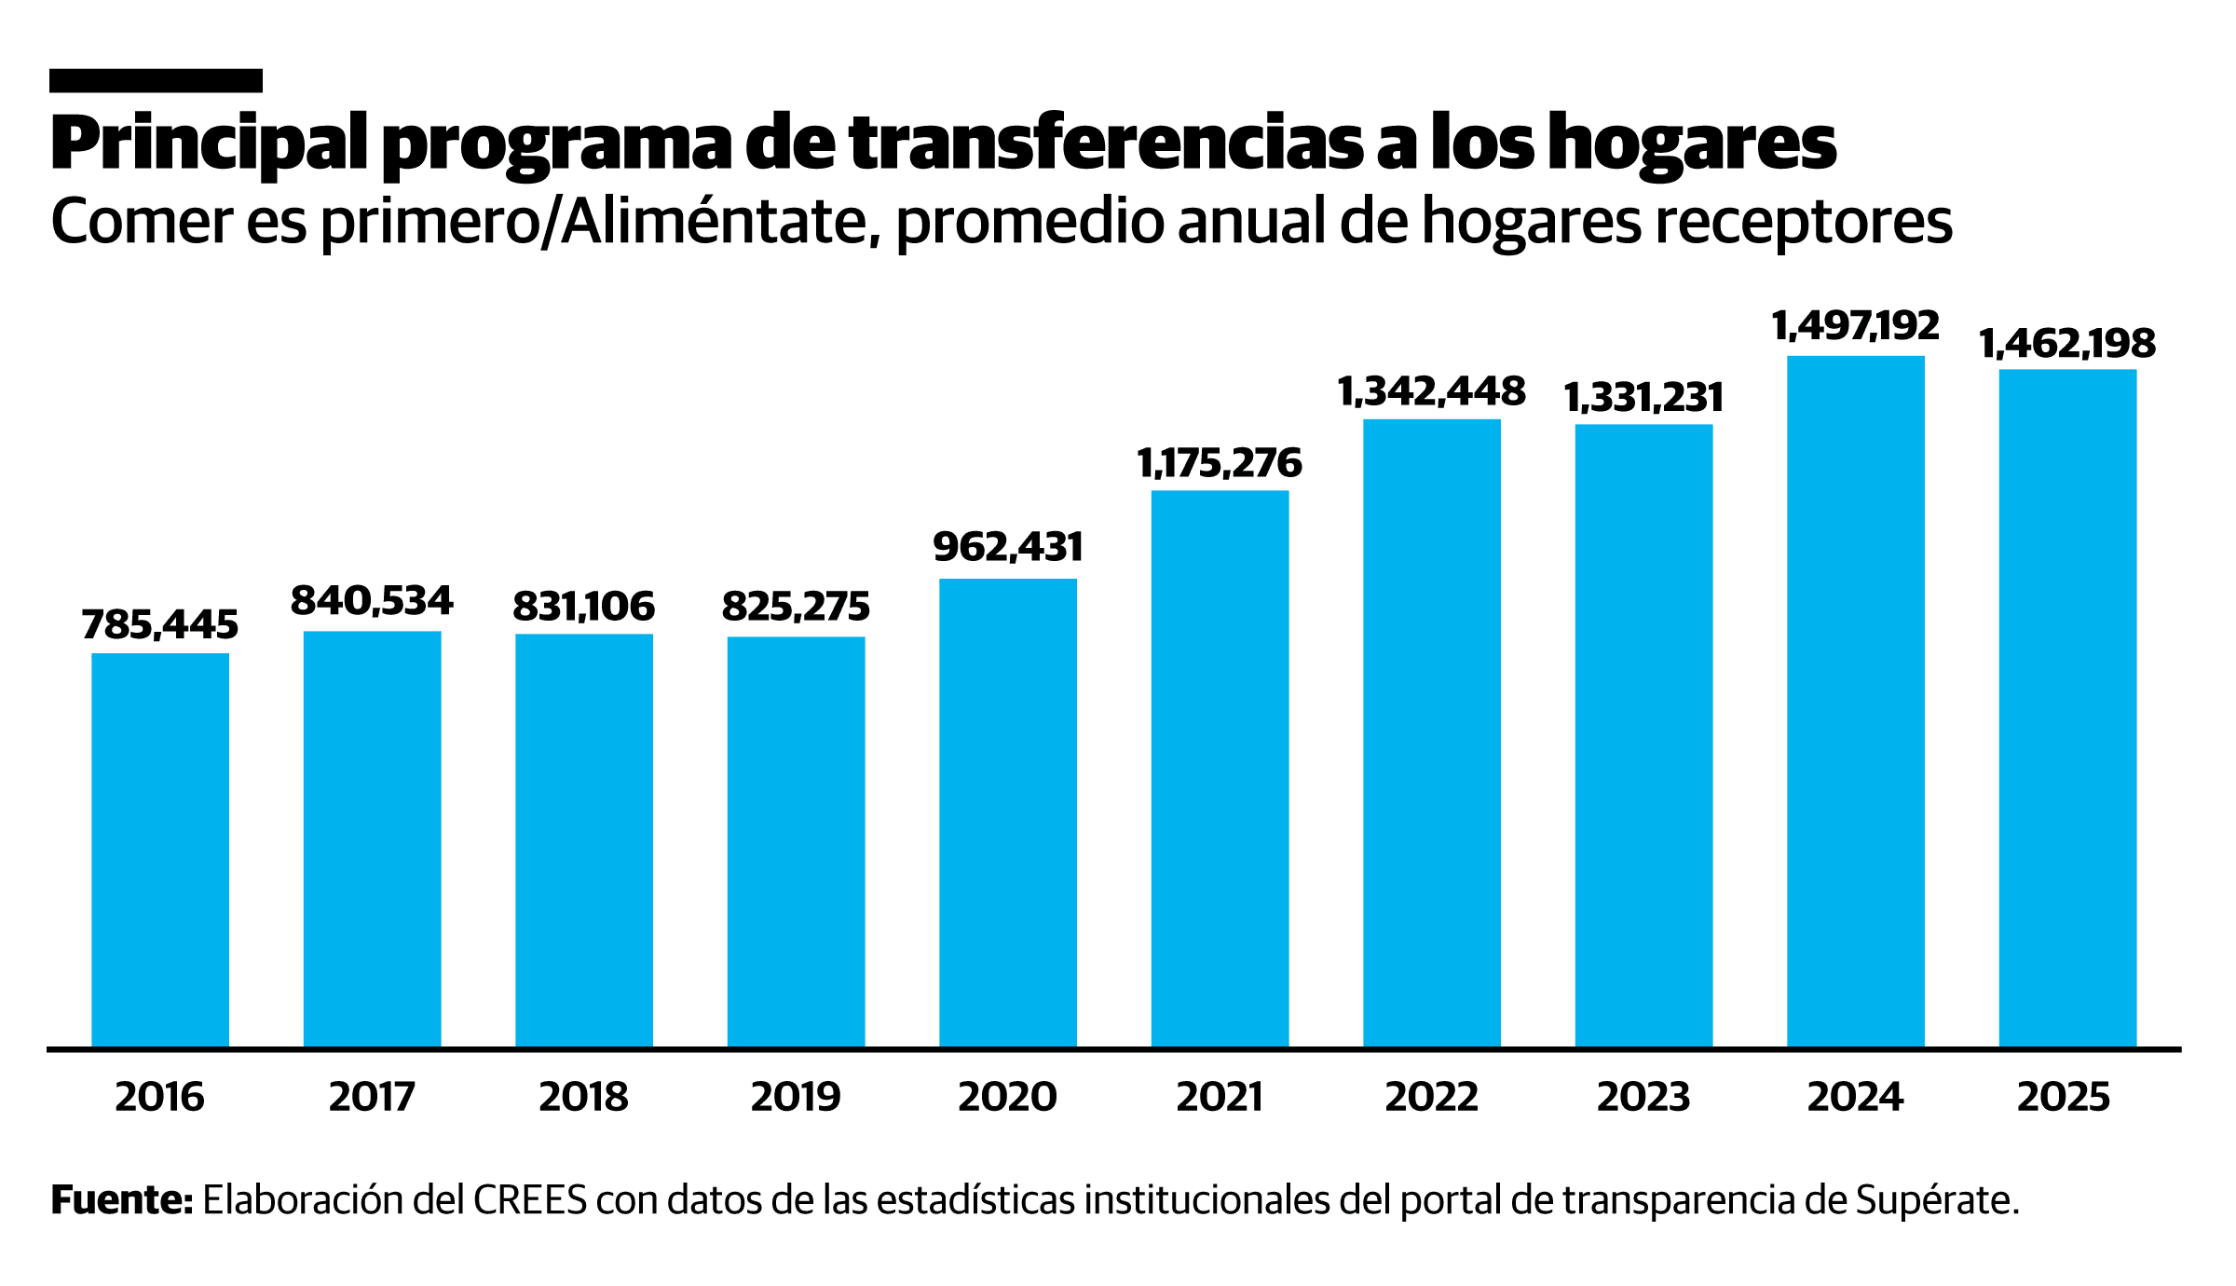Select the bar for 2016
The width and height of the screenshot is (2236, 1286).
point(160,850)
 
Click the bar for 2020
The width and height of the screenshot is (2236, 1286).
point(1008,813)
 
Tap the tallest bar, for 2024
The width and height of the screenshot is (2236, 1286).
point(1856,701)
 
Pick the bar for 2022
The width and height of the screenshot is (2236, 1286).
point(1432,733)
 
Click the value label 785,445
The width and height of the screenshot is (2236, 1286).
point(160,624)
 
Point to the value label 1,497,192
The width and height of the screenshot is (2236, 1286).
point(1856,326)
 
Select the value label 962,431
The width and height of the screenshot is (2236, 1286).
point(1008,547)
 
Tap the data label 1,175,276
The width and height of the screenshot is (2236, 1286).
point(1220,463)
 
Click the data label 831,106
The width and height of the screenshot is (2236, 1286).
point(584,607)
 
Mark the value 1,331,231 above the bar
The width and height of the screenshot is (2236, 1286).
point(1643,398)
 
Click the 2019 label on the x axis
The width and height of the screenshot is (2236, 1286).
point(796,1097)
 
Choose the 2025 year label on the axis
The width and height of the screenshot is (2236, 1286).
point(2064,1097)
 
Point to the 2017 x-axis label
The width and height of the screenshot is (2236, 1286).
point(372,1097)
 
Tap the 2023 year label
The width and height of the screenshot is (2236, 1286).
point(1643,1097)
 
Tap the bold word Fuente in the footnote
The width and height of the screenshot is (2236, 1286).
point(121,1201)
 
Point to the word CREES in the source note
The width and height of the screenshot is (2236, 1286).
point(530,1201)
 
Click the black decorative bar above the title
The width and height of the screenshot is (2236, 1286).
point(156,81)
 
